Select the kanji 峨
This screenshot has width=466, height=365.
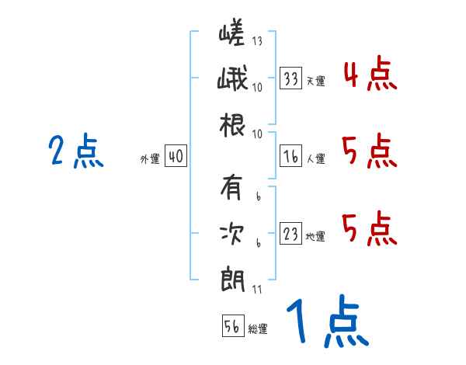click(x=232, y=79)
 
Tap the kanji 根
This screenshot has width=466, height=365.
click(x=232, y=123)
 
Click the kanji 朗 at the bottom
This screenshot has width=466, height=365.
click(x=232, y=277)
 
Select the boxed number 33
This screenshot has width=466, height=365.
click(x=291, y=79)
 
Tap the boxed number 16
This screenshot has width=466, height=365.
click(x=291, y=157)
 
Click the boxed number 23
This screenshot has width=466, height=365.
click(x=291, y=235)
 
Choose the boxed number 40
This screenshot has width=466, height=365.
click(x=176, y=157)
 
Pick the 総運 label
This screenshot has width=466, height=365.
click(x=258, y=328)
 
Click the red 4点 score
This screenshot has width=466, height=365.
click(x=369, y=76)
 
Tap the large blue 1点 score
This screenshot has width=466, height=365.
click(x=326, y=322)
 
